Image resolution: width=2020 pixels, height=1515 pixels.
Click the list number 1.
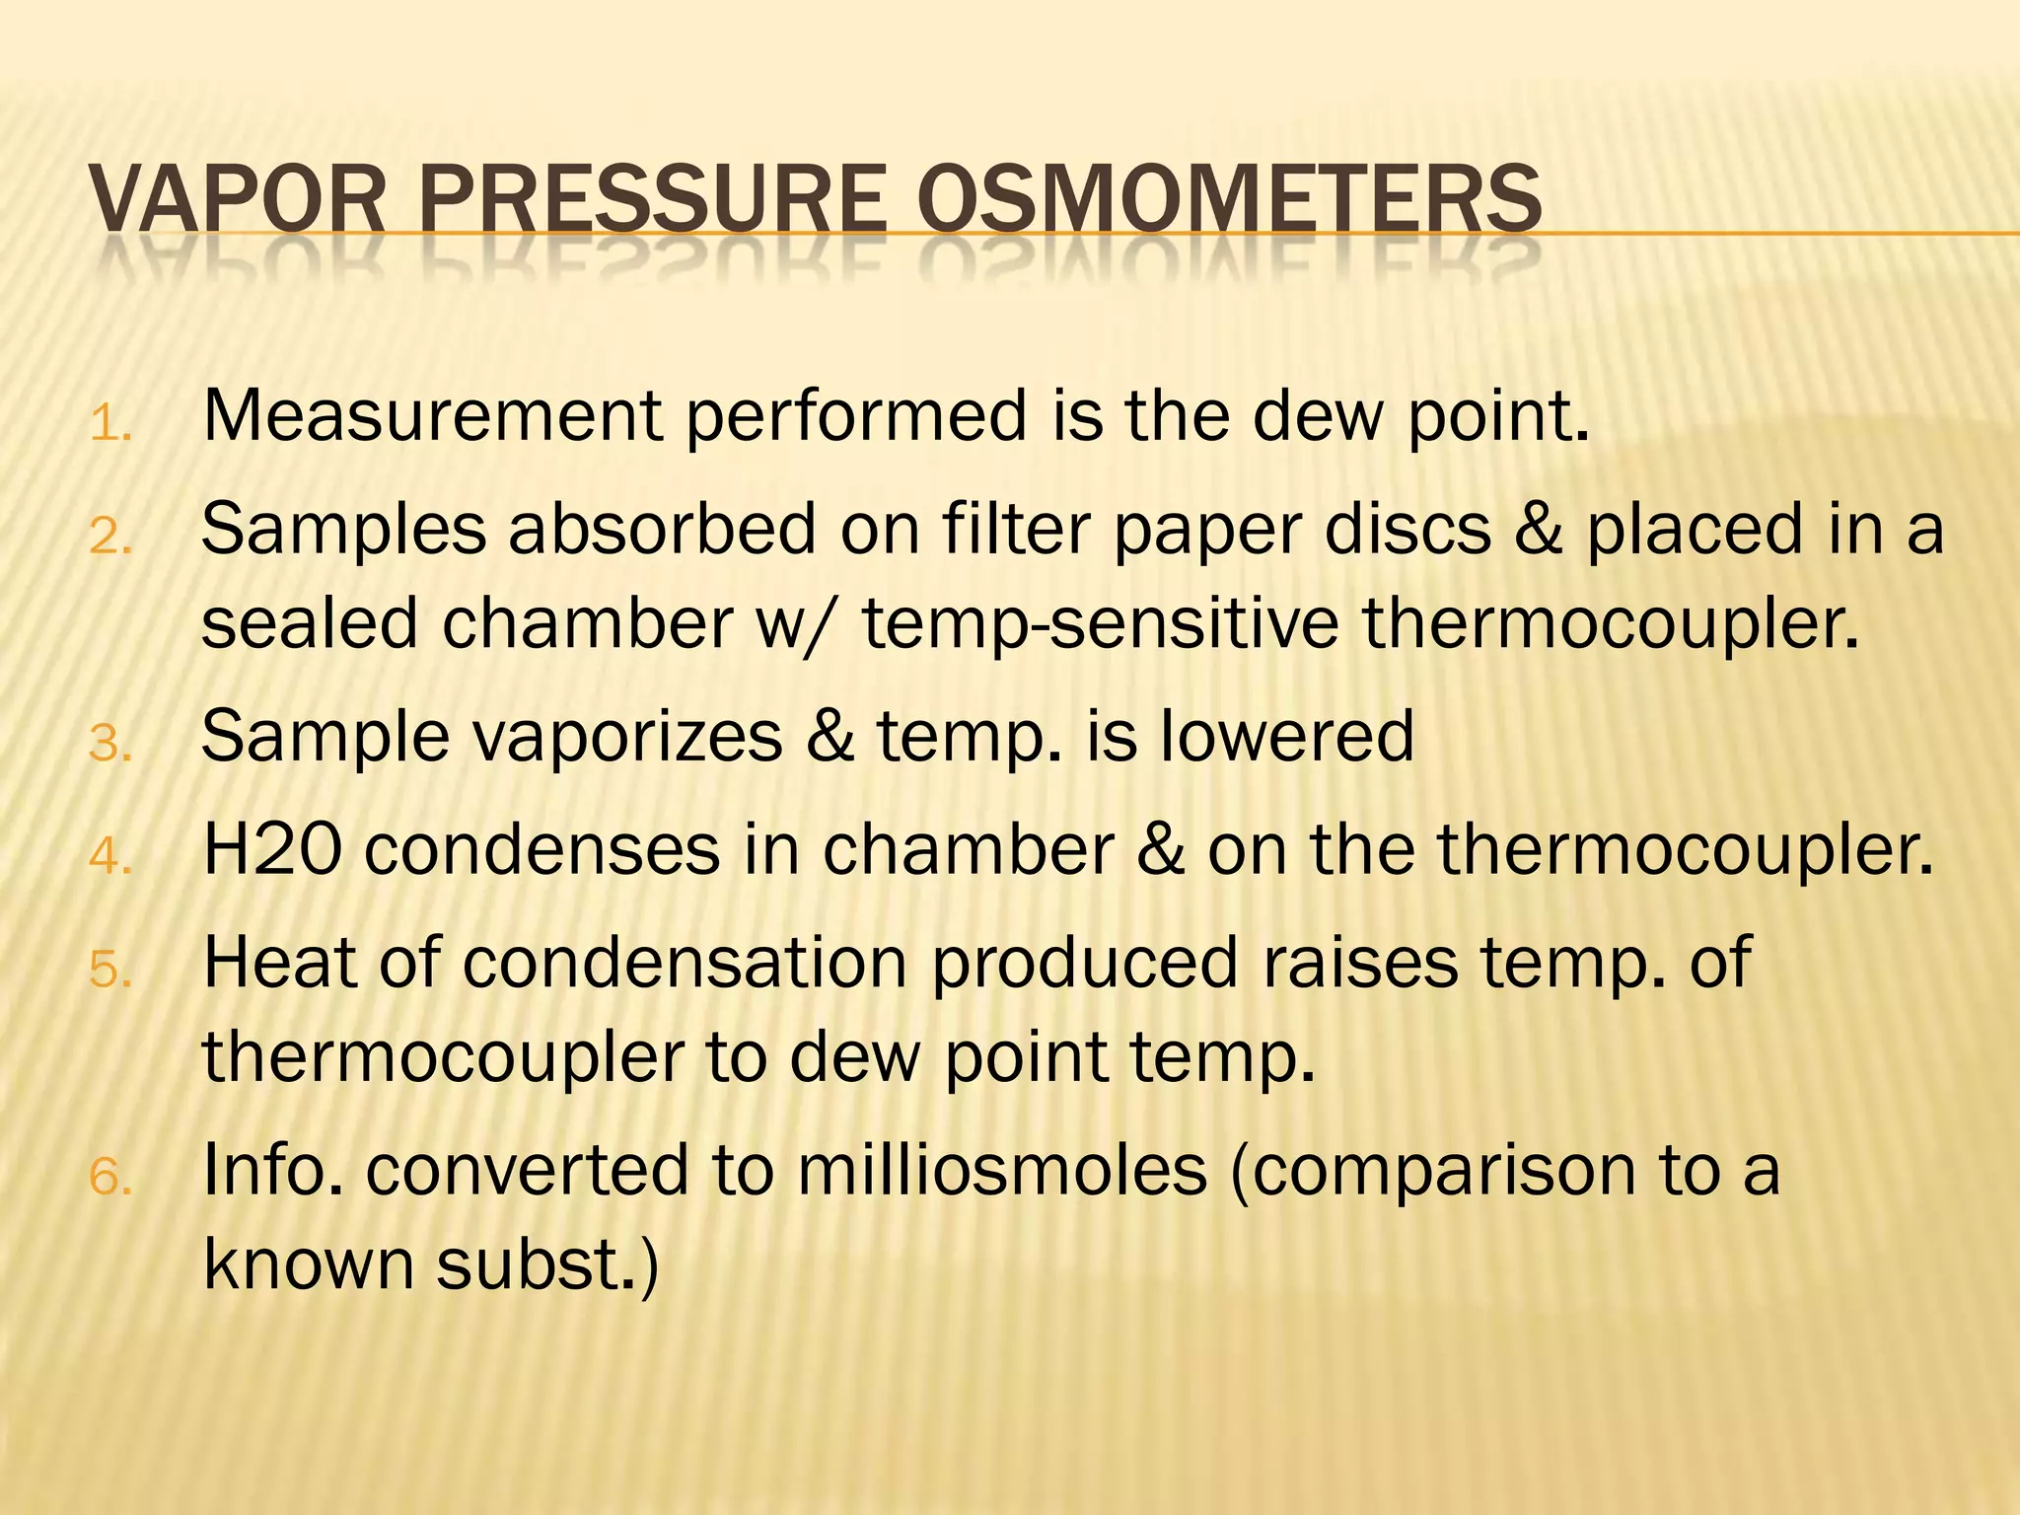(x=109, y=426)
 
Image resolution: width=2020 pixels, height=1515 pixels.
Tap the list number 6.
(x=109, y=1178)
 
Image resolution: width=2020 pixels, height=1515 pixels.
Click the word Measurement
(x=432, y=416)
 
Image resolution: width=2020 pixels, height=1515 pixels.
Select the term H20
(x=272, y=849)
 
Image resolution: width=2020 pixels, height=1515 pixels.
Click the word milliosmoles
(x=1002, y=1171)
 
